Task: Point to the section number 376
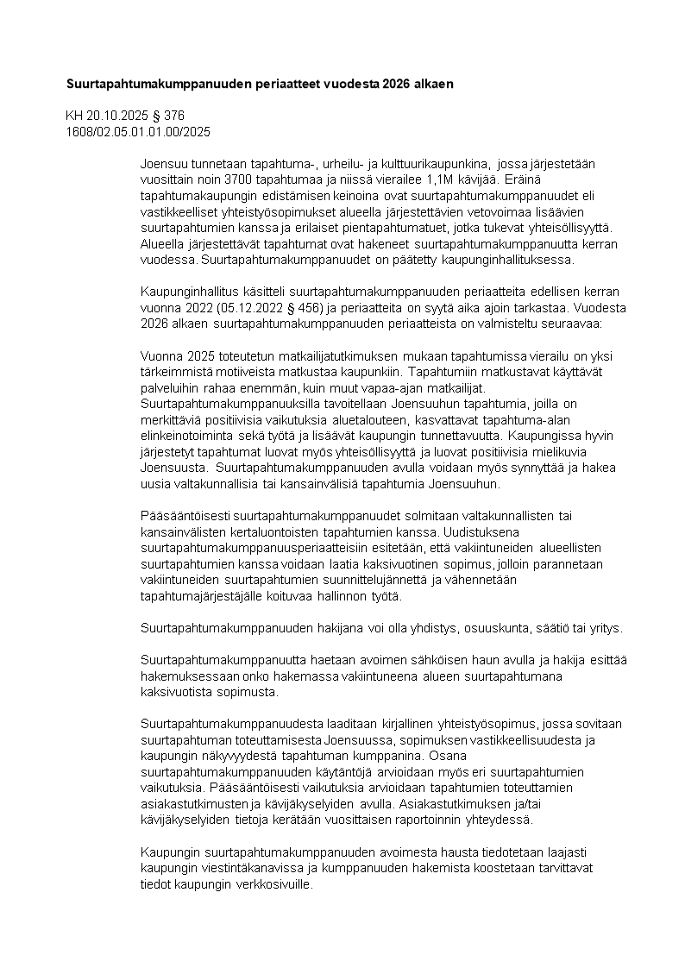[174, 116]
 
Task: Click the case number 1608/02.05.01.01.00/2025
[138, 132]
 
